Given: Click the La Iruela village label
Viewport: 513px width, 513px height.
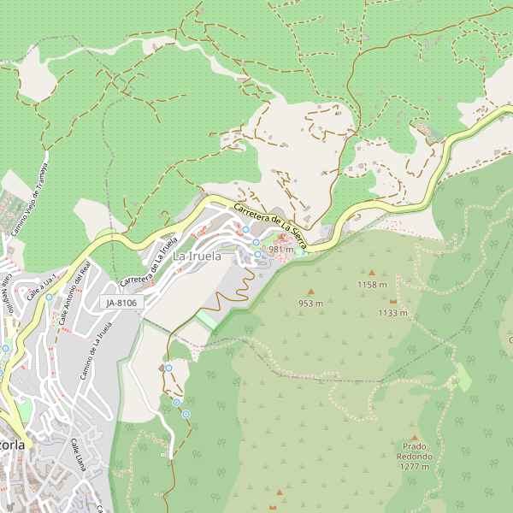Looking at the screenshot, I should pos(197,256).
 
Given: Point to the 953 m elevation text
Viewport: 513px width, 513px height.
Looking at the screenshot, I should pos(310,304).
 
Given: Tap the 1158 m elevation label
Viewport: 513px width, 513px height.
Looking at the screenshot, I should pos(372,285).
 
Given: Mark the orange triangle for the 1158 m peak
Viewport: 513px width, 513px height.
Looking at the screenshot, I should pos(371,274).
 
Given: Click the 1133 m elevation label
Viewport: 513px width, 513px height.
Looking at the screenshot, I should pos(393,313).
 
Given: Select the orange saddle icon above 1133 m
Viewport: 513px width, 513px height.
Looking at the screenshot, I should pos(393,302).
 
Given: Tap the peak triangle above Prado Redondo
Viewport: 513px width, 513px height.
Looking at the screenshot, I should pos(415,437).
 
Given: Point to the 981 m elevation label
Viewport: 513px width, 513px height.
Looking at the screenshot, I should pos(280,249).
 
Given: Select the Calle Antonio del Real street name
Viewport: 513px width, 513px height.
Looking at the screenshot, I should pos(74,292).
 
